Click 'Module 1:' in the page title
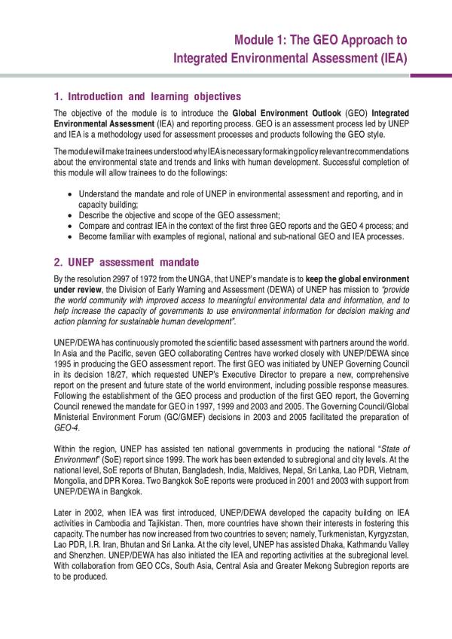pyautogui.click(x=257, y=40)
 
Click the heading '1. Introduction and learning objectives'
pyautogui.click(x=148, y=96)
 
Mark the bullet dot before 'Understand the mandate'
pyautogui.click(x=70, y=194)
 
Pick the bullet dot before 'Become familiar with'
pyautogui.click(x=70, y=237)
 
